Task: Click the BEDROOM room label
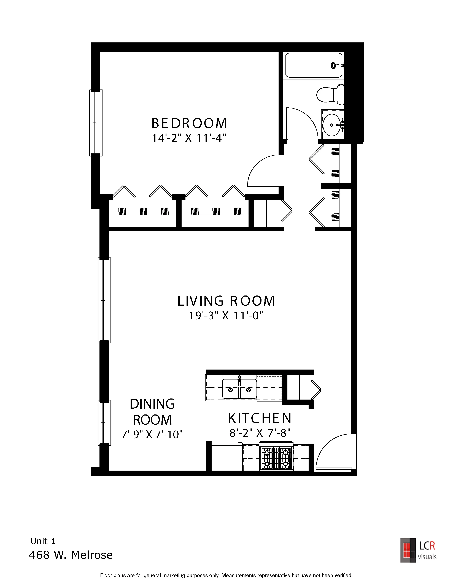pos(189,123)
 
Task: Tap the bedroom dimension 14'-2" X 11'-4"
pos(189,138)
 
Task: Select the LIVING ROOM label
pos(226,301)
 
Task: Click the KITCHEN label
pos(260,418)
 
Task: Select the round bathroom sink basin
pos(332,125)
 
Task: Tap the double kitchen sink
pos(239,389)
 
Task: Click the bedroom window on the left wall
pos(96,123)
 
